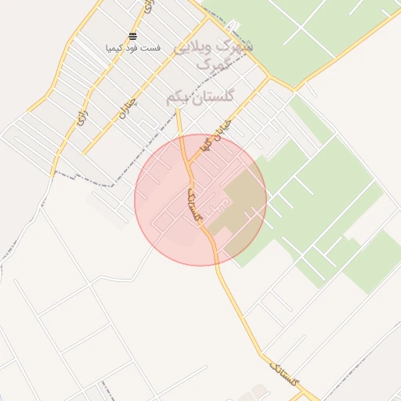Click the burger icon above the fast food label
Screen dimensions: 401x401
pyautogui.click(x=132, y=37)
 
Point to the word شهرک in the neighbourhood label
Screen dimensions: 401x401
pyautogui.click(x=238, y=45)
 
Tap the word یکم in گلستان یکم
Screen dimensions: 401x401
pyautogui.click(x=178, y=98)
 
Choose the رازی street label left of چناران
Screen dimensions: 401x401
pyautogui.click(x=81, y=115)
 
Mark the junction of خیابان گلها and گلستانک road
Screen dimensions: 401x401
pyautogui.click(x=190, y=164)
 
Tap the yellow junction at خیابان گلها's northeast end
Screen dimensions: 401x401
pyautogui.click(x=269, y=78)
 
